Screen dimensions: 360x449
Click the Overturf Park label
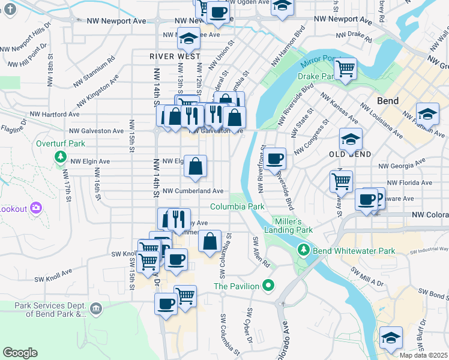click(60, 144)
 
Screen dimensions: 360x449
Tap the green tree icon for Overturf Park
click(60, 157)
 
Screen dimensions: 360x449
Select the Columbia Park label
click(237, 207)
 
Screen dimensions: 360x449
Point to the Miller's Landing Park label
click(289, 226)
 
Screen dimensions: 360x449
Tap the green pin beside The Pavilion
click(269, 286)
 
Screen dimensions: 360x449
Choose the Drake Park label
click(315, 77)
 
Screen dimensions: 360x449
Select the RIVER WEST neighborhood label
click(175, 56)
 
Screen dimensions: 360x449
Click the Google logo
click(20, 353)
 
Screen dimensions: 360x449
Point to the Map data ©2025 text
click(423, 355)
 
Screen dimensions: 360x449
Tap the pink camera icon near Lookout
click(36, 208)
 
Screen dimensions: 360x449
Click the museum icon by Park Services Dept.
click(95, 308)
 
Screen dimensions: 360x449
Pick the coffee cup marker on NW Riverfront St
click(274, 158)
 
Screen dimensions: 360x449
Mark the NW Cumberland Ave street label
click(193, 191)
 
